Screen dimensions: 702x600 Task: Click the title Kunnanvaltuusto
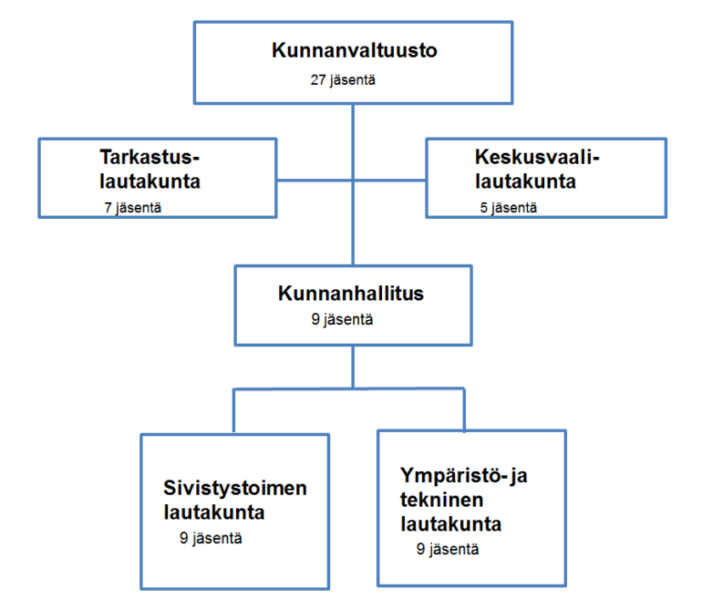pos(354,50)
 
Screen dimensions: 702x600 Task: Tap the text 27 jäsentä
pos(343,79)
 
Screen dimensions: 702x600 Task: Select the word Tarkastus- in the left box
pos(150,157)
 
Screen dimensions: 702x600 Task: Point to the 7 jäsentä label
pos(132,208)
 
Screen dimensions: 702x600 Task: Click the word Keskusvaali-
pos(537,157)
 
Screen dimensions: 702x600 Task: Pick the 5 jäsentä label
pos(508,208)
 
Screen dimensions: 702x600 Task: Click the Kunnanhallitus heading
pos(351,294)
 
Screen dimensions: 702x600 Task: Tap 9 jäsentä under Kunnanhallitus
pos(342,319)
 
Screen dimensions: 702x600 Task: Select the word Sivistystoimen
pos(235,488)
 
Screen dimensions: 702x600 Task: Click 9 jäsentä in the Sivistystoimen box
pos(211,538)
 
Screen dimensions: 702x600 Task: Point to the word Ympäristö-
pos(453,475)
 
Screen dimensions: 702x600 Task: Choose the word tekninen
pos(442,500)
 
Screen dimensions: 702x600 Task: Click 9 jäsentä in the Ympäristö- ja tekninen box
pos(448,549)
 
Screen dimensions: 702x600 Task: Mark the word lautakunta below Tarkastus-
pos(150,181)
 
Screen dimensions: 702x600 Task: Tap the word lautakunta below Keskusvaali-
pos(526,181)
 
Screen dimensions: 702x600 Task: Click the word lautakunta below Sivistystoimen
pos(214,512)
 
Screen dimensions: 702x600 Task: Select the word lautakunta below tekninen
pos(451,524)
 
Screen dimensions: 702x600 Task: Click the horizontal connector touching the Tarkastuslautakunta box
pos(315,181)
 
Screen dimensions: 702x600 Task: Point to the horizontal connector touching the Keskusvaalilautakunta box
pos(389,181)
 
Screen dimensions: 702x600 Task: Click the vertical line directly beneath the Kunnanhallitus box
pos(353,367)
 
